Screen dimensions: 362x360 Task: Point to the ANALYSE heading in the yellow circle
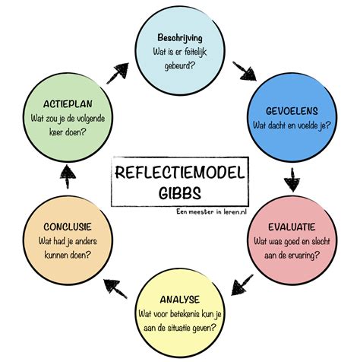point(181,300)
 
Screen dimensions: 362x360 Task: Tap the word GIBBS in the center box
point(179,189)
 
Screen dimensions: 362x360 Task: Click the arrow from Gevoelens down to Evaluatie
point(293,182)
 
